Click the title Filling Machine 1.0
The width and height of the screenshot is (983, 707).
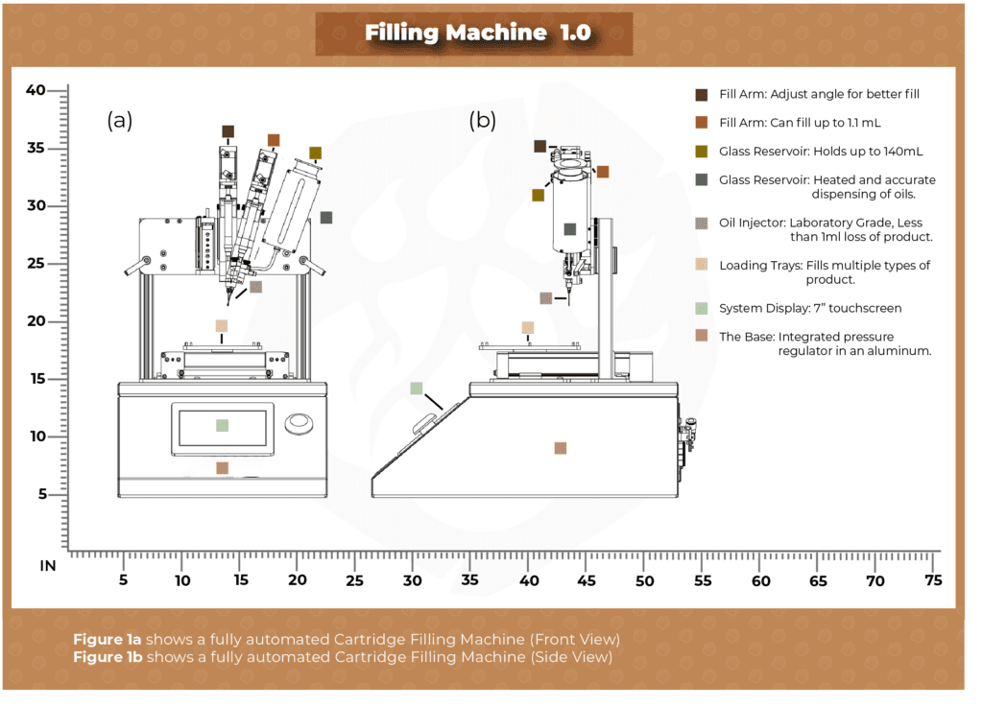click(x=477, y=33)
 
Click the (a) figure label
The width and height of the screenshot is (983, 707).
click(x=119, y=120)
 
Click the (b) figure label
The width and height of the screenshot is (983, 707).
click(x=482, y=120)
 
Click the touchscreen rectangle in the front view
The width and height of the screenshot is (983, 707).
click(x=222, y=425)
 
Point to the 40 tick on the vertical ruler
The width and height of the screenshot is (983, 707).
click(x=36, y=90)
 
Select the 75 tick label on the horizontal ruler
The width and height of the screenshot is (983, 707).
click(x=932, y=580)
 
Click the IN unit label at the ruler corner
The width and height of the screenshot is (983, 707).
click(x=47, y=566)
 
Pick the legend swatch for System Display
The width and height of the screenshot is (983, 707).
click(x=702, y=308)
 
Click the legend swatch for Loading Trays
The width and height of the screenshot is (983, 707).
click(x=702, y=266)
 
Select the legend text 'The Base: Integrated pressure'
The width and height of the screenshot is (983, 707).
click(x=806, y=337)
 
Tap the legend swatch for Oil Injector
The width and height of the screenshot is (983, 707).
click(x=702, y=223)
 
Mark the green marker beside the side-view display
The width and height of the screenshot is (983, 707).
click(x=416, y=389)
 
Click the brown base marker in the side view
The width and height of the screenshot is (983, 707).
click(x=560, y=448)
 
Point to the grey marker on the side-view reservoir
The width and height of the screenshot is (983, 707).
click(x=569, y=229)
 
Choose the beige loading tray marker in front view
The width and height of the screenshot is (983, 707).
click(x=222, y=326)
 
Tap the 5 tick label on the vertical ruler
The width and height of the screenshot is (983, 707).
click(x=42, y=494)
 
